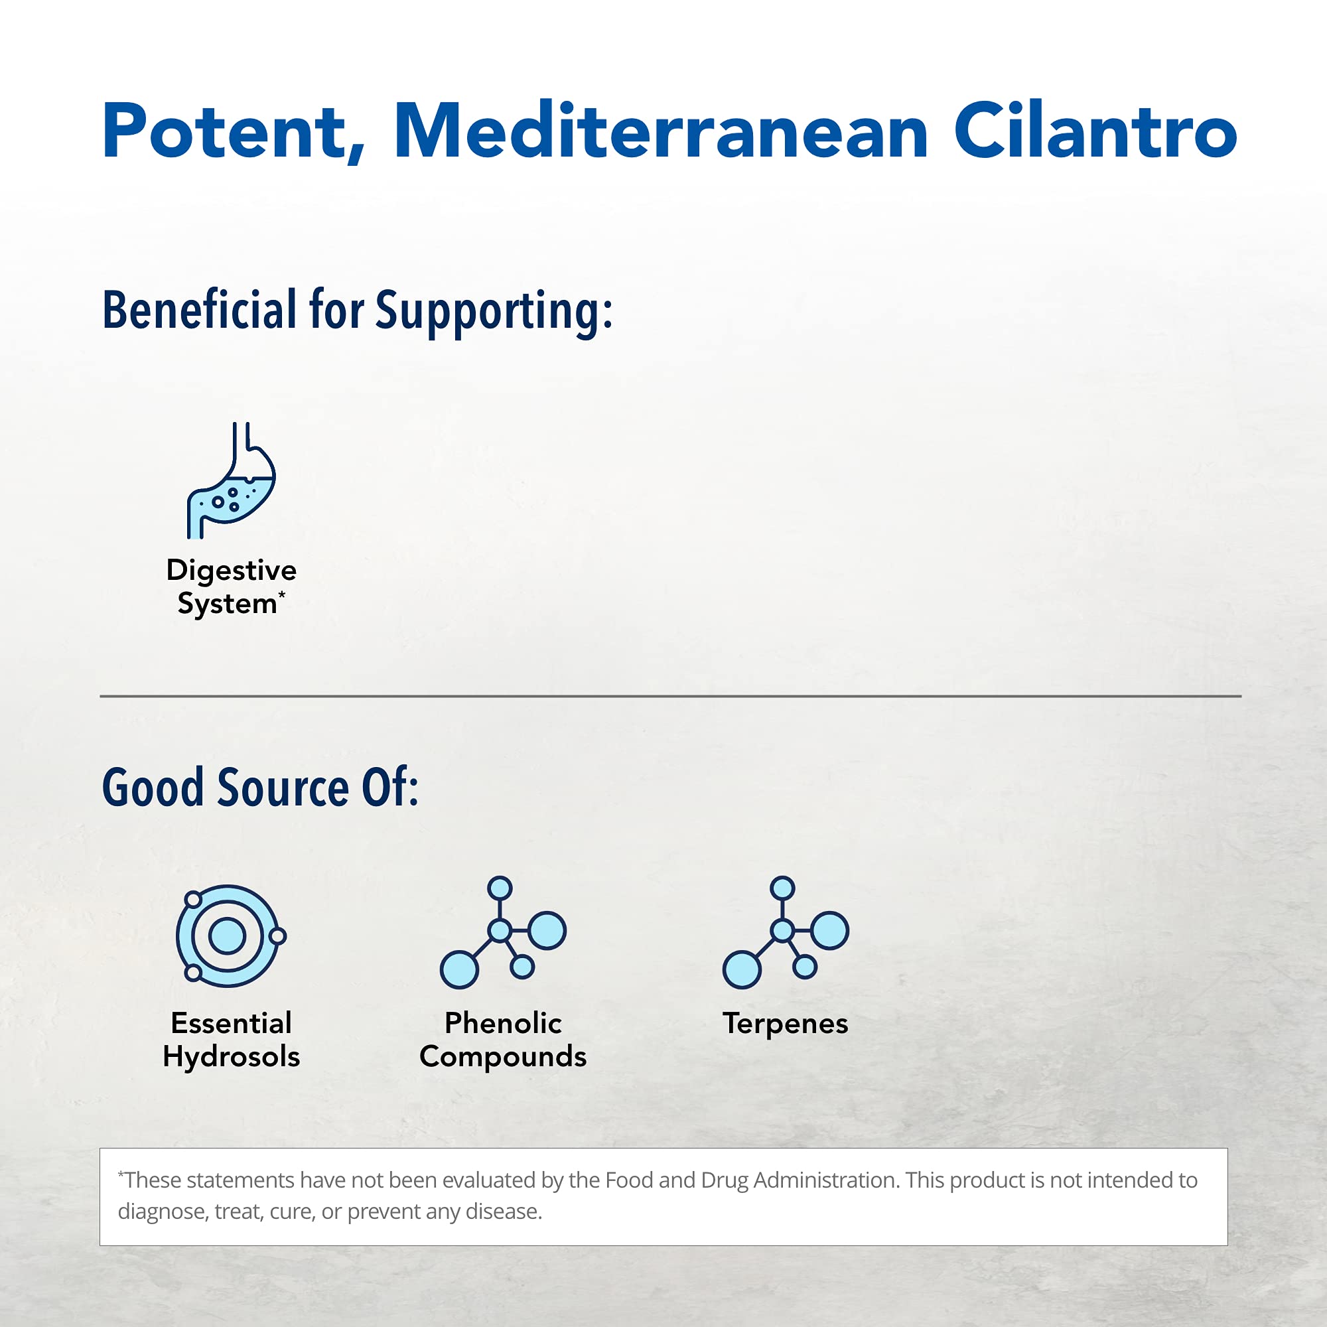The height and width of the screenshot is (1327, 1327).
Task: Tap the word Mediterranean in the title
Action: point(660,132)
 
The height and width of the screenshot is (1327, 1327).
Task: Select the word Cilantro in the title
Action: point(1095,132)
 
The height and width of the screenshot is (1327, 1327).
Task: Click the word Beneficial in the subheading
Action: point(199,311)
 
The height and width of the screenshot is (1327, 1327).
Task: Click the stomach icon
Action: point(232,481)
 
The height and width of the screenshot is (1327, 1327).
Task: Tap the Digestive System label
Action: point(232,587)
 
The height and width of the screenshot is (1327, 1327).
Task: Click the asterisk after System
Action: point(281,594)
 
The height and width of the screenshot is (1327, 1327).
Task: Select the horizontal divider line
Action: point(670,696)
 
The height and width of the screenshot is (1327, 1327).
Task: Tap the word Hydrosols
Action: point(232,1057)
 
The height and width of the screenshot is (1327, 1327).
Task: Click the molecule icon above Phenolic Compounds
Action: point(503,933)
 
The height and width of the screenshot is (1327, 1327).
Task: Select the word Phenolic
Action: point(503,1023)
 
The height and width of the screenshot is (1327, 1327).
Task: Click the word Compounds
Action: point(503,1057)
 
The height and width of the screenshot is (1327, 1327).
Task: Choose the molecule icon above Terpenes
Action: point(785,933)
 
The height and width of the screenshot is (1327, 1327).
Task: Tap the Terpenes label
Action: point(785,1024)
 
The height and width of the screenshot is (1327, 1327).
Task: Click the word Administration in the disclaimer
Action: point(825,1180)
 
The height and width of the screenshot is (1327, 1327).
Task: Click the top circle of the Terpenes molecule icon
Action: point(782,887)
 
